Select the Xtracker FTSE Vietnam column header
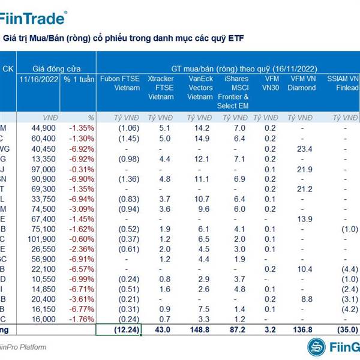160,88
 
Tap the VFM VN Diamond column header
302,83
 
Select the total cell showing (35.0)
347,329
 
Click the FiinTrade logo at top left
33,17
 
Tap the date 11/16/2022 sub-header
40,79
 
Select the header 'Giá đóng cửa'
56,68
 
